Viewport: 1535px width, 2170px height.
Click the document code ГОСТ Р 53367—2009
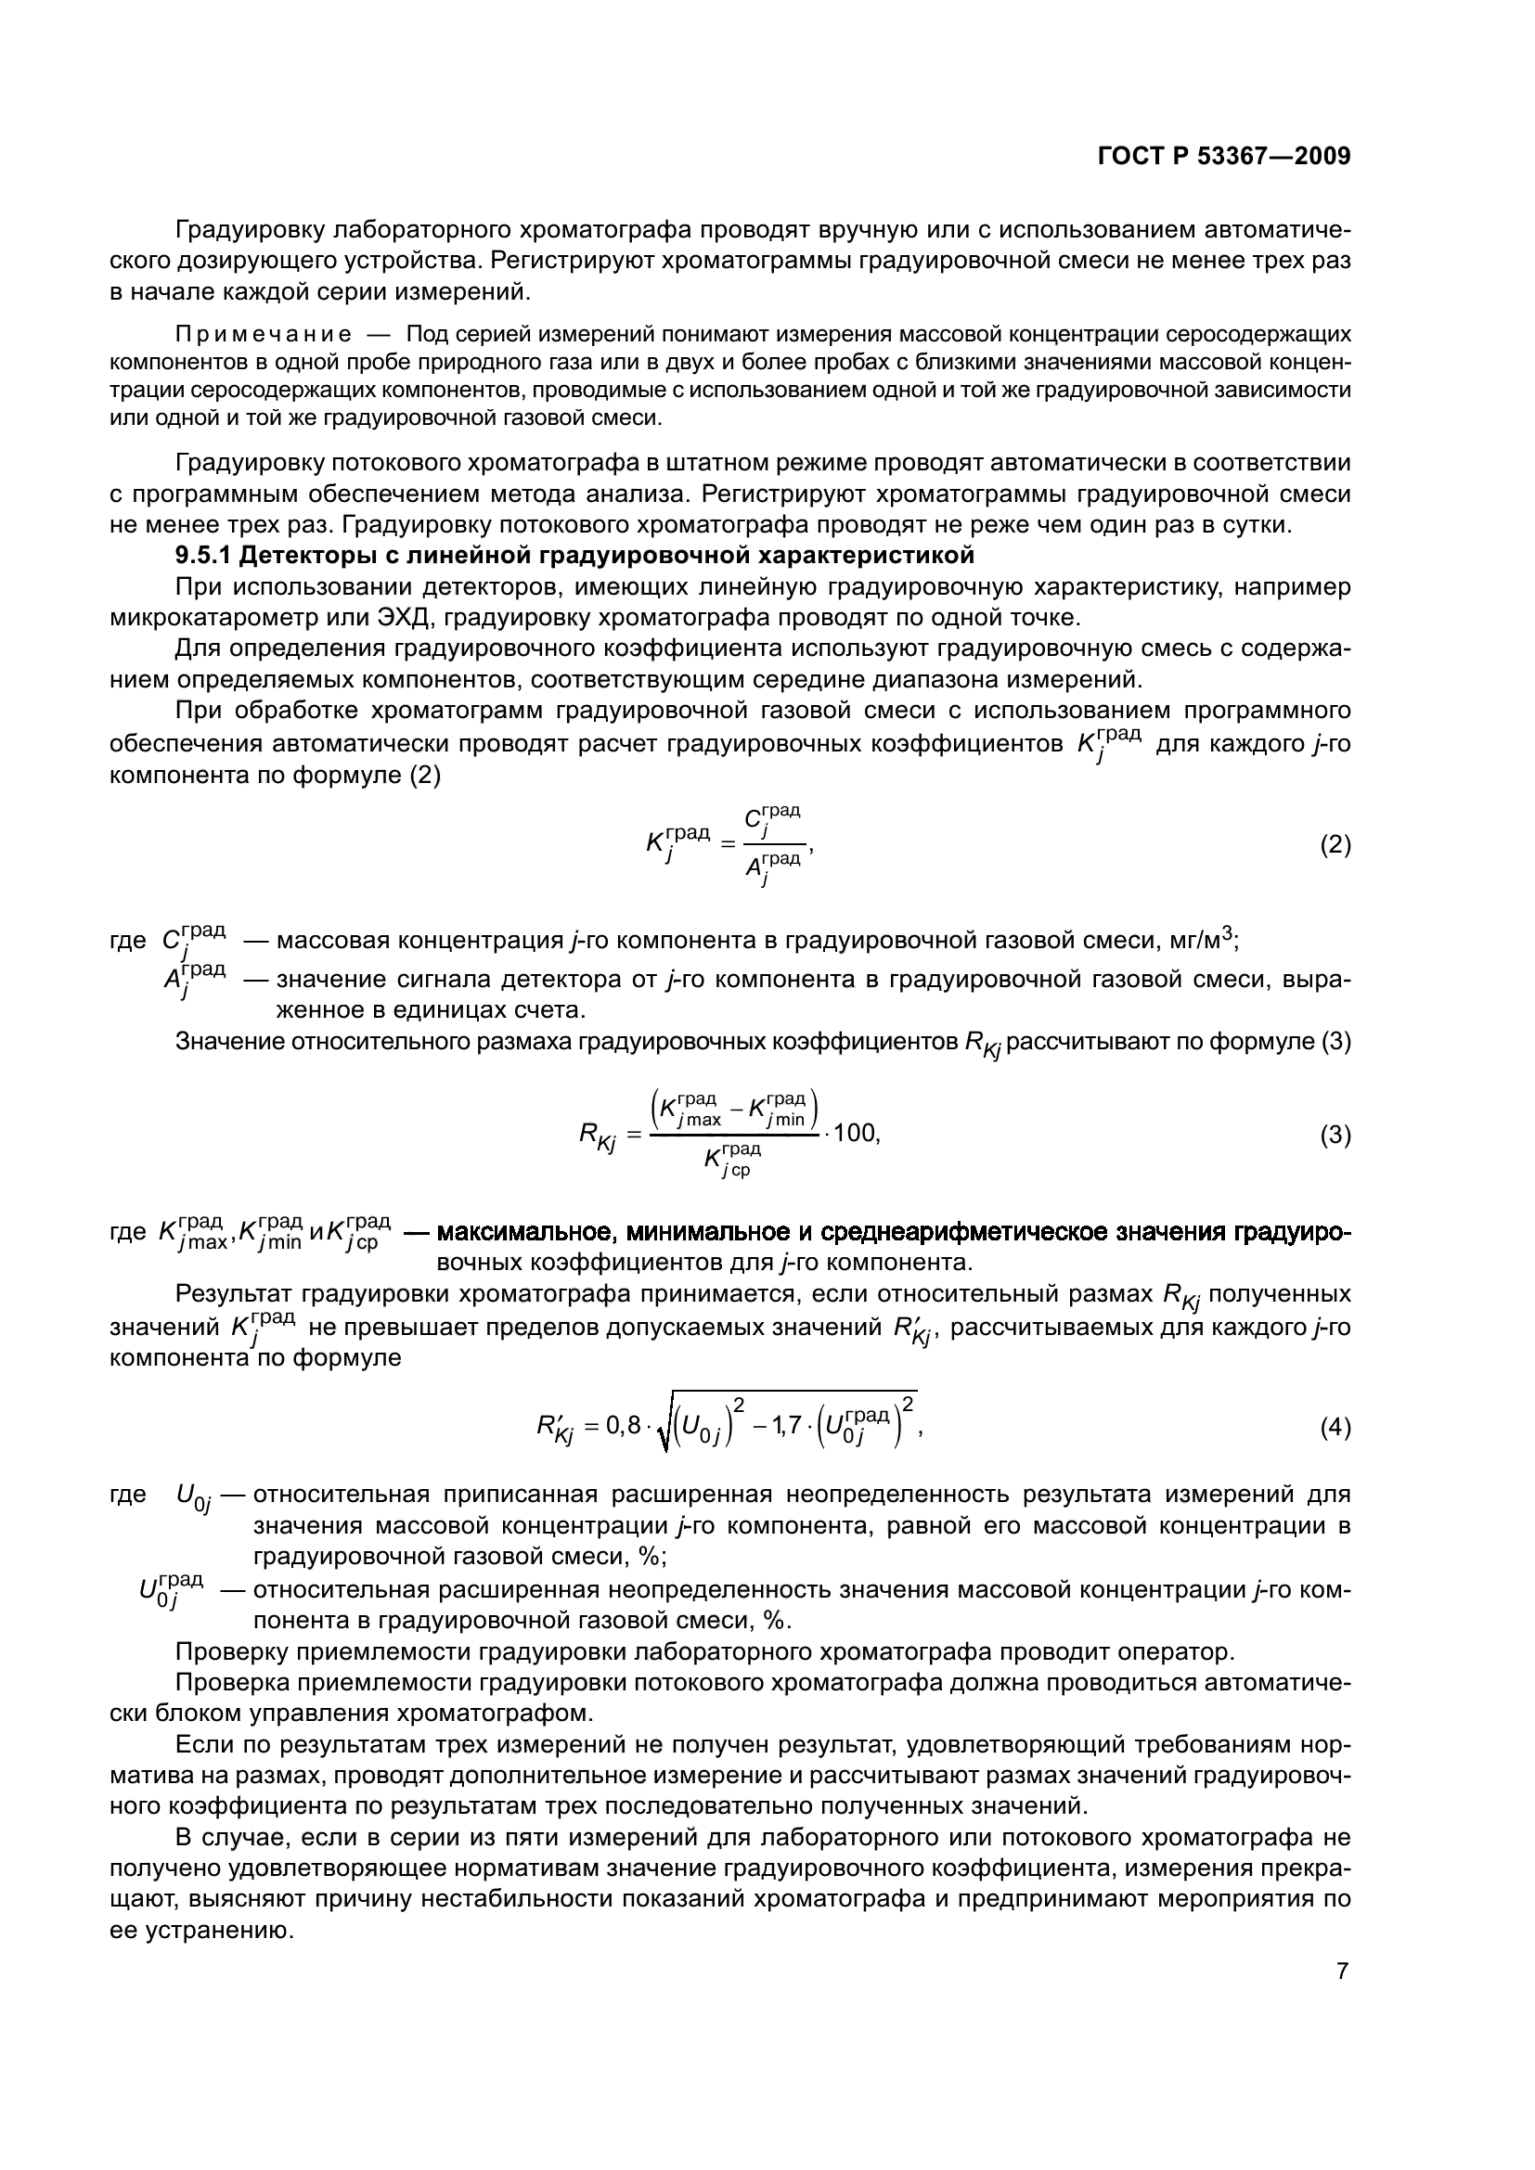tap(1224, 157)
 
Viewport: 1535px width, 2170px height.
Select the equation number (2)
tap(1335, 844)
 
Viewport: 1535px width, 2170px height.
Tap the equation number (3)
tap(1335, 1134)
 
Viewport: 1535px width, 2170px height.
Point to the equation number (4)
tap(1335, 1427)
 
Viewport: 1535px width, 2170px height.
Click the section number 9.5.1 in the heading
tap(204, 555)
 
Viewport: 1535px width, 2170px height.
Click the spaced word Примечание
tap(264, 335)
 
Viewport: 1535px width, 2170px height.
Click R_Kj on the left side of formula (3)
tap(598, 1135)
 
